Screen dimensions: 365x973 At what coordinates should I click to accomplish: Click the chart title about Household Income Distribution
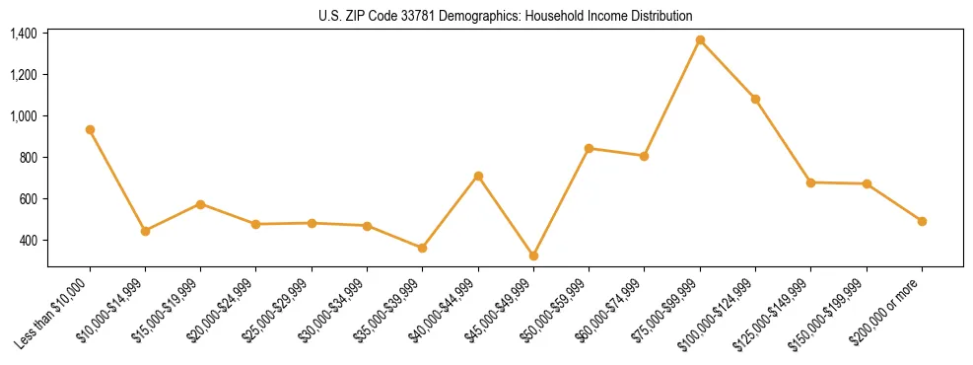tap(506, 16)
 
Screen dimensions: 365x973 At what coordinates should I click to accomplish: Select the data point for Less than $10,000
tap(90, 129)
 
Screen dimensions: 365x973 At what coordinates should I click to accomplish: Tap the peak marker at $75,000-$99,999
tap(700, 40)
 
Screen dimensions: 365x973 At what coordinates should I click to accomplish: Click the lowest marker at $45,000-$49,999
tap(533, 255)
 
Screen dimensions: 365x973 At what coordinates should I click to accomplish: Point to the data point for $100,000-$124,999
tap(755, 99)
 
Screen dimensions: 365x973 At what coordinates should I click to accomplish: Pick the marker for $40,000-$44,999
tap(478, 176)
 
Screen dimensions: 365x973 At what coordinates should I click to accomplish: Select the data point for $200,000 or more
tap(922, 221)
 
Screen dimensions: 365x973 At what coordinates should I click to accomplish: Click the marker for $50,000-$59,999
tap(589, 148)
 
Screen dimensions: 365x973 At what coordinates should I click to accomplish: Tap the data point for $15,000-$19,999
tap(200, 204)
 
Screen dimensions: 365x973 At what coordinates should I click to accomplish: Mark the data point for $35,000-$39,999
tap(423, 248)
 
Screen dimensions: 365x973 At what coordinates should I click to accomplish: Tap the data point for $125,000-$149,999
tap(810, 182)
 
